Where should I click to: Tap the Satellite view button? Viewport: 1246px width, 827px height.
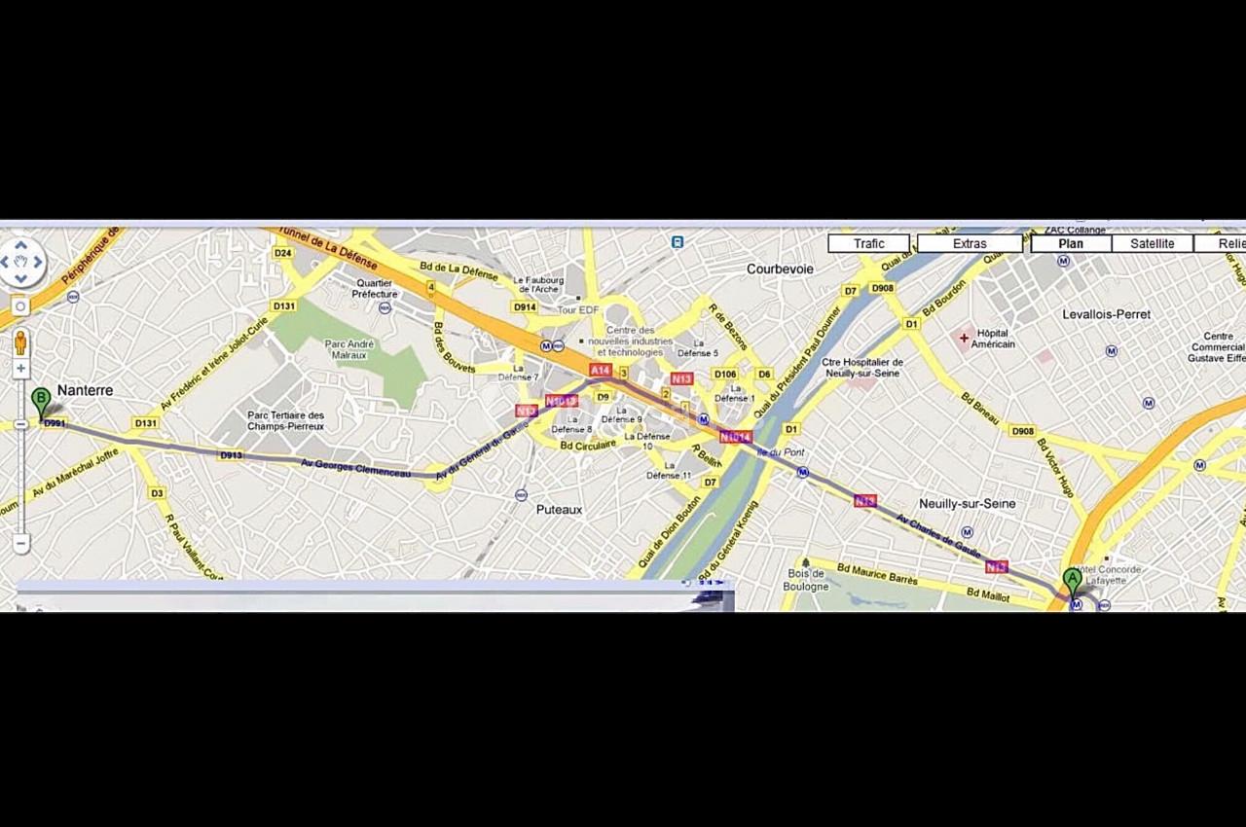tap(1152, 243)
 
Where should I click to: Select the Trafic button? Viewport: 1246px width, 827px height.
tap(868, 243)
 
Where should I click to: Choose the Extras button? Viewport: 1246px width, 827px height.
tap(970, 243)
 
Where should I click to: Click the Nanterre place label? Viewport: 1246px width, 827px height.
tap(85, 390)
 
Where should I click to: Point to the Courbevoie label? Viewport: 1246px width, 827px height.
tap(780, 269)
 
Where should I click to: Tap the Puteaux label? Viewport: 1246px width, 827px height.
tap(559, 509)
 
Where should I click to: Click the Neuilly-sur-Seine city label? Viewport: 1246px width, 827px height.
tap(967, 503)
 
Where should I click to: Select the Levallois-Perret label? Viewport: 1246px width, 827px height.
tap(1106, 314)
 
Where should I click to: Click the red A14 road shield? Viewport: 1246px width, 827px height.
tap(600, 371)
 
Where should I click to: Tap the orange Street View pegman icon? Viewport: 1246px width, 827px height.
tap(20, 342)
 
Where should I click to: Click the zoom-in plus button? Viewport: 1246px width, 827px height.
tap(20, 369)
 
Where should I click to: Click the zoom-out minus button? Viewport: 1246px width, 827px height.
tap(20, 543)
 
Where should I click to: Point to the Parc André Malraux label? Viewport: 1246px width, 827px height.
tap(349, 349)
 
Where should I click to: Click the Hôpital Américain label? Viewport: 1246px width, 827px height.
tap(993, 339)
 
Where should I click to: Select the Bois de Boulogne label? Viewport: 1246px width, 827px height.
tap(806, 580)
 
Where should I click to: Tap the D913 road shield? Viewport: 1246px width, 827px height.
tap(231, 454)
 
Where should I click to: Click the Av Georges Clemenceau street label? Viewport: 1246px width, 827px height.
tap(355, 468)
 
